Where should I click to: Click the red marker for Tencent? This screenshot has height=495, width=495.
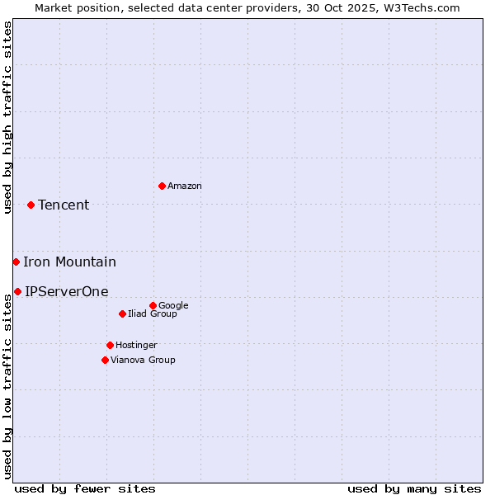point(31,205)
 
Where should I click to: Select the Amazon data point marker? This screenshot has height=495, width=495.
point(162,186)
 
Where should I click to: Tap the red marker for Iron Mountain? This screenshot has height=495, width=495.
point(16,262)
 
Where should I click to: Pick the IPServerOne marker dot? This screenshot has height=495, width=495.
point(17,291)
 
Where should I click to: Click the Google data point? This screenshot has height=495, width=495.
point(153,305)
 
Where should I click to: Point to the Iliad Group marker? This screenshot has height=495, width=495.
point(122,313)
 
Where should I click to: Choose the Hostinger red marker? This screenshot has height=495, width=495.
point(110,345)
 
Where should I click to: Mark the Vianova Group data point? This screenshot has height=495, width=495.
point(105,360)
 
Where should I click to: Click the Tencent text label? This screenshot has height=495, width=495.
point(64,205)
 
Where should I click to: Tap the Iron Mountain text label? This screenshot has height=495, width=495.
point(69,262)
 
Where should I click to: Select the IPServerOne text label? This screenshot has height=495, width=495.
point(66,291)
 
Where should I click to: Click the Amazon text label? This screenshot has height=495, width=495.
point(185,186)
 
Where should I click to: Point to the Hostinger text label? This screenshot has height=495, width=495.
point(136,345)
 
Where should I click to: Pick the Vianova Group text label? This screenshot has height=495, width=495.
point(143,360)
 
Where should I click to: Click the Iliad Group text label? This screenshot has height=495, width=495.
point(153,314)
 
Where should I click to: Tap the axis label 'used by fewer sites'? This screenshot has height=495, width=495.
point(85,488)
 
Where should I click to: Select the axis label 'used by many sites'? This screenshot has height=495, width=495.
point(414,488)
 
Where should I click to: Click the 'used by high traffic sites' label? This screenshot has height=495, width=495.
point(7,117)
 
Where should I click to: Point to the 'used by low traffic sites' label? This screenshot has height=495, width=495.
point(7,386)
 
